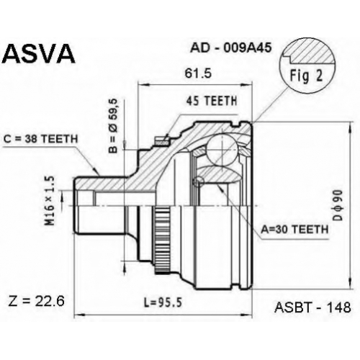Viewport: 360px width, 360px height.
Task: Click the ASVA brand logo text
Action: [39, 53]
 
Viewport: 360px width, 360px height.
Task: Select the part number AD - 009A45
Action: [231, 48]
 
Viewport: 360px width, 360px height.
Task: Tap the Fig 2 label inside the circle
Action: [306, 76]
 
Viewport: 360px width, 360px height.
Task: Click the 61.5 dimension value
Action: [198, 73]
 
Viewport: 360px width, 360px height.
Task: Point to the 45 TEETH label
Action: [212, 101]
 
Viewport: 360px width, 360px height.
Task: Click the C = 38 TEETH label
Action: [41, 139]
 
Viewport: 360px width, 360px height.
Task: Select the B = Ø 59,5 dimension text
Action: [114, 126]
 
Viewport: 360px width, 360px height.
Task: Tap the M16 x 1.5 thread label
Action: [51, 201]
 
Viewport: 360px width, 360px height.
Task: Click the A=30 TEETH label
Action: [294, 230]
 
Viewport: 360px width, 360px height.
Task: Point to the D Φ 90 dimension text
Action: [338, 205]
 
